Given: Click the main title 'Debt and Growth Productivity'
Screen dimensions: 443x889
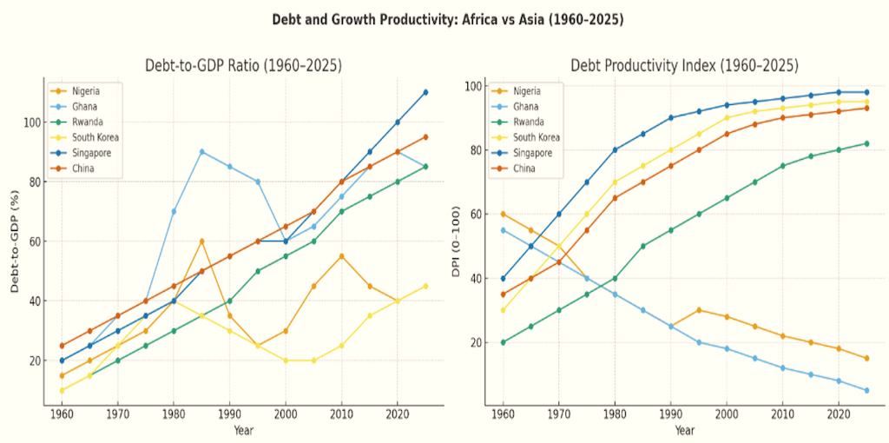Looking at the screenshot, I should pyautogui.click(x=444, y=18).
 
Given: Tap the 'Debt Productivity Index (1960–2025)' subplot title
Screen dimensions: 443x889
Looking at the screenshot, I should pyautogui.click(x=684, y=66).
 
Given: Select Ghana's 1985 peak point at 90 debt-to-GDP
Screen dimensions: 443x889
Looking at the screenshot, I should pyautogui.click(x=201, y=151).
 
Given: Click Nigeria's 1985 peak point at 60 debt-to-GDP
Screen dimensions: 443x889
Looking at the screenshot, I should pyautogui.click(x=201, y=241).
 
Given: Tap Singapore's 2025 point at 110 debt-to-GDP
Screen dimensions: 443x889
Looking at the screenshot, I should pyautogui.click(x=425, y=92).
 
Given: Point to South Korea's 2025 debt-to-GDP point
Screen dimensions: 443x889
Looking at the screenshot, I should pyautogui.click(x=425, y=286).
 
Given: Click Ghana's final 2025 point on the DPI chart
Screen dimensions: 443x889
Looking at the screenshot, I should pyautogui.click(x=866, y=390).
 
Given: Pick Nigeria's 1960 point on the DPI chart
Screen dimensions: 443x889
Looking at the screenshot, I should pyautogui.click(x=503, y=214).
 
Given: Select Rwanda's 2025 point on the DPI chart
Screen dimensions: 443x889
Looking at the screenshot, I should pyautogui.click(x=866, y=143).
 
